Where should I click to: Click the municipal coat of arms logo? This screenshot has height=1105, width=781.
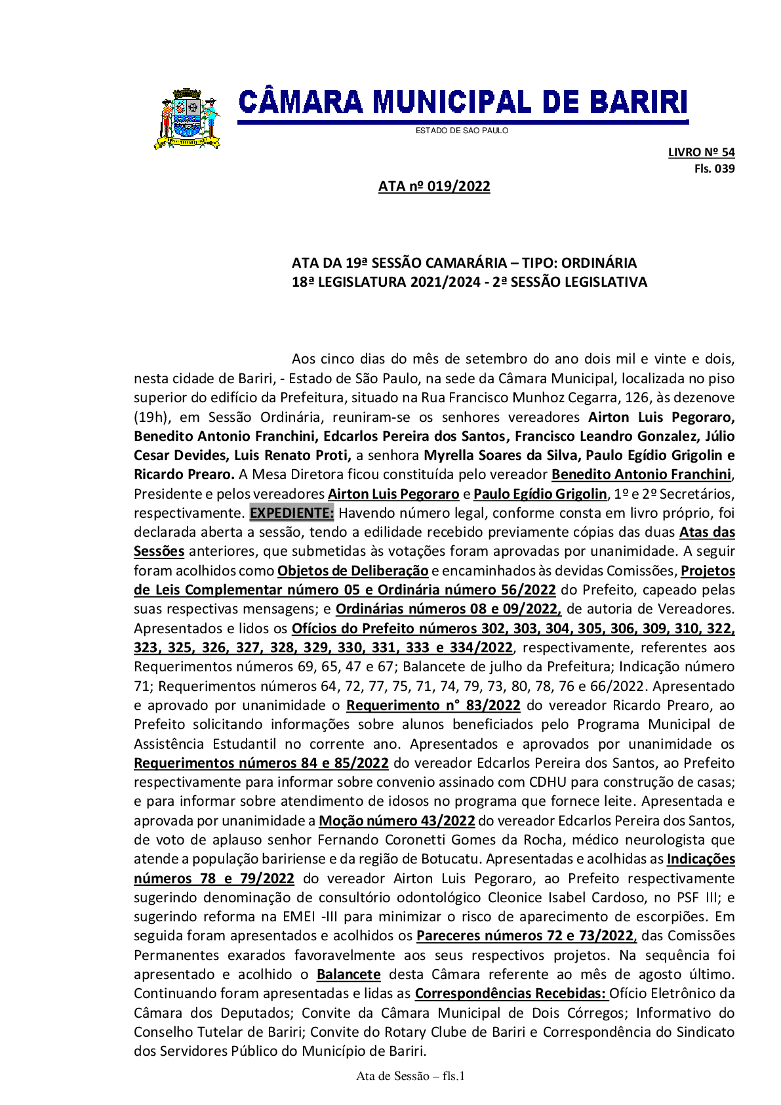(x=187, y=119)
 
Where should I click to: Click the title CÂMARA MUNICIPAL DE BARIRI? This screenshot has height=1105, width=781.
(x=462, y=103)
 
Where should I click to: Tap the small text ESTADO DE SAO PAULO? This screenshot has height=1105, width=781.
(x=462, y=131)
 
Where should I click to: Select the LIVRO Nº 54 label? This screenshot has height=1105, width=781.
(x=701, y=152)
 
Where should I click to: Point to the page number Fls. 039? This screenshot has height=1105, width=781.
(x=714, y=169)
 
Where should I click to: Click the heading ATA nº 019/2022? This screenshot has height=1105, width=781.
(x=434, y=186)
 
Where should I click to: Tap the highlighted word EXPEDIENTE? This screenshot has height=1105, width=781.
(x=292, y=513)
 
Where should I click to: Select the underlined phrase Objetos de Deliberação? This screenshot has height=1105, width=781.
(x=353, y=571)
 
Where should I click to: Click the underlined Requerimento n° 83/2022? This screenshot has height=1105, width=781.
(x=433, y=705)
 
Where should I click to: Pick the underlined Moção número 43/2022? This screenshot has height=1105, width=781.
(x=397, y=821)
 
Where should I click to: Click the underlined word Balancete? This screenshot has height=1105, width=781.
(x=348, y=974)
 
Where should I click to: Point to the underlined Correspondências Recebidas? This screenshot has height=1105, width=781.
(x=510, y=993)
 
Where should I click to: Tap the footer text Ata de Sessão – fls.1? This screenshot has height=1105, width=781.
(x=411, y=1076)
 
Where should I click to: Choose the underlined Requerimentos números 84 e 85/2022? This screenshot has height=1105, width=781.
(x=261, y=763)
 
